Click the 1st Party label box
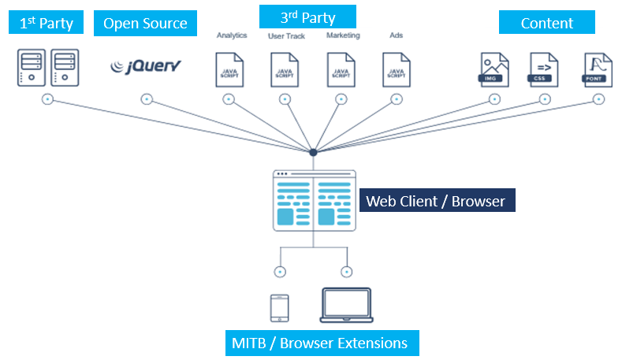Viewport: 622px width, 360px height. point(47,23)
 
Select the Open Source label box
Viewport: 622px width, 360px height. point(146,23)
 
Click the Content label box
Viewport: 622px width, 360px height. point(546,23)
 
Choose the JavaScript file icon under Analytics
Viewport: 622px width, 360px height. point(229,69)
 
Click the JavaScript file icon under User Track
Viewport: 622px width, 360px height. point(285,69)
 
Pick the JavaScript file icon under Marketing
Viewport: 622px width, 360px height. point(341,69)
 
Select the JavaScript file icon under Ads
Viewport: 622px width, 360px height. point(396,69)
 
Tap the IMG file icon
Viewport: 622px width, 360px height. point(494,69)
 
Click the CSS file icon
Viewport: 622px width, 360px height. point(544,69)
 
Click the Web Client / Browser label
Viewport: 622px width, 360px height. point(438,201)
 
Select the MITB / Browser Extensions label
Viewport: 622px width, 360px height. point(319,343)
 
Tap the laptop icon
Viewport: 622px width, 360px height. point(347,306)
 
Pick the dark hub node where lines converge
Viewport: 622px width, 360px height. point(313,152)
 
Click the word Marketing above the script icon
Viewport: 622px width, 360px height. point(343,35)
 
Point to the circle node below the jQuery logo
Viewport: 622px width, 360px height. point(146,99)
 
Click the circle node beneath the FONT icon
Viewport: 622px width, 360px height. point(598,99)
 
